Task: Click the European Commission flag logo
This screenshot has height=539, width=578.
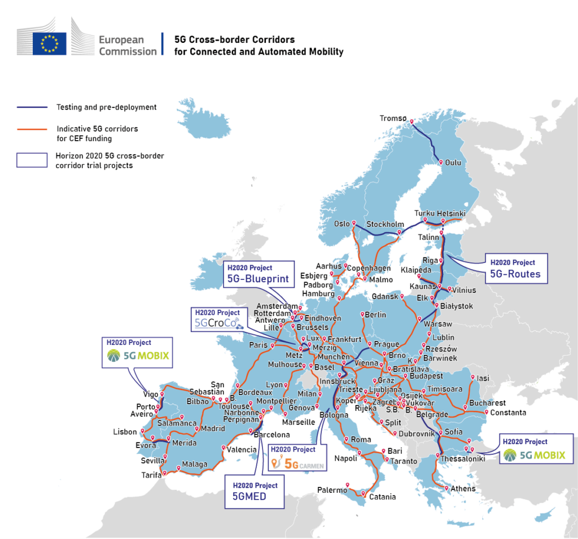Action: (x=49, y=43)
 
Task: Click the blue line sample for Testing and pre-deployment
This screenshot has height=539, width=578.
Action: (x=33, y=107)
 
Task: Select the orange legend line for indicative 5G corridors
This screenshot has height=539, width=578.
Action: (x=33, y=129)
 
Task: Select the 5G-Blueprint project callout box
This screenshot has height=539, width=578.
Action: (x=259, y=274)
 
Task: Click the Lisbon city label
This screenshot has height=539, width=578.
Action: (x=125, y=432)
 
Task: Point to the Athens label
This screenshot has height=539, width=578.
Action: (x=463, y=489)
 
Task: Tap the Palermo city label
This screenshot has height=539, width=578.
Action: (x=331, y=490)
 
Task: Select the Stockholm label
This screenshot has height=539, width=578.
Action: (x=385, y=225)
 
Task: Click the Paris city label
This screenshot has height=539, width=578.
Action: (x=258, y=345)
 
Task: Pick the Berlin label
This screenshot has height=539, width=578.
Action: (x=376, y=314)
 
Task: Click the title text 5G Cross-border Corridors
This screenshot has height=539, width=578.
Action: (x=234, y=40)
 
